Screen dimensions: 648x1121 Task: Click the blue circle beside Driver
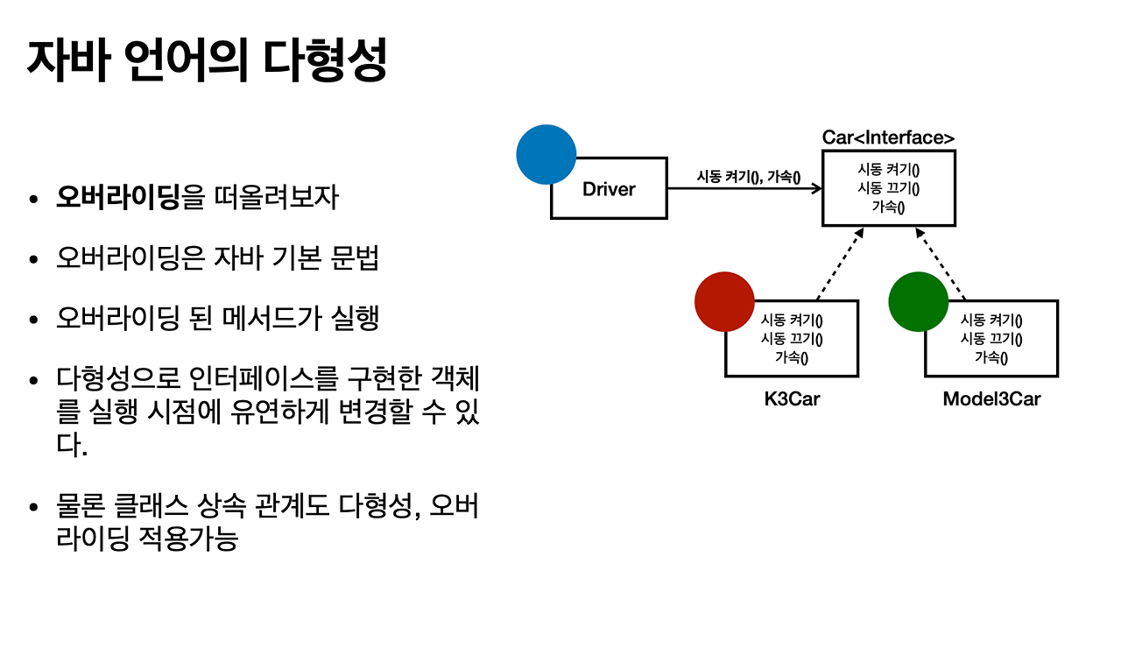tap(546, 155)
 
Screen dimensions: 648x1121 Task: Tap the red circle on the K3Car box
tap(724, 300)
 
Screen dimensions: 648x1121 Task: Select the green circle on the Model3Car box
tap(918, 300)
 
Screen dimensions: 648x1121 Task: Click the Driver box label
tap(609, 189)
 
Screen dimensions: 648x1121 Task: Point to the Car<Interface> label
tap(888, 137)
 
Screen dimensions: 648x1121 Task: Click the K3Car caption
tap(792, 399)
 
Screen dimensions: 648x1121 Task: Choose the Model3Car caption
tap(991, 399)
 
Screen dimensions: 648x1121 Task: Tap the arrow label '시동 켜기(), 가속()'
tap(749, 176)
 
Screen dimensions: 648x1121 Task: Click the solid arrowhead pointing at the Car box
tap(816, 188)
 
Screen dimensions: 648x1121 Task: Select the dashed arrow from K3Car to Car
tap(838, 264)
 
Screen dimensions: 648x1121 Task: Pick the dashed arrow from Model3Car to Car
tap(941, 264)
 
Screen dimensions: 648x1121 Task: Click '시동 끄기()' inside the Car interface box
tap(888, 188)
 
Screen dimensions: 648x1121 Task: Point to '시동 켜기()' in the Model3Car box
tap(991, 320)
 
